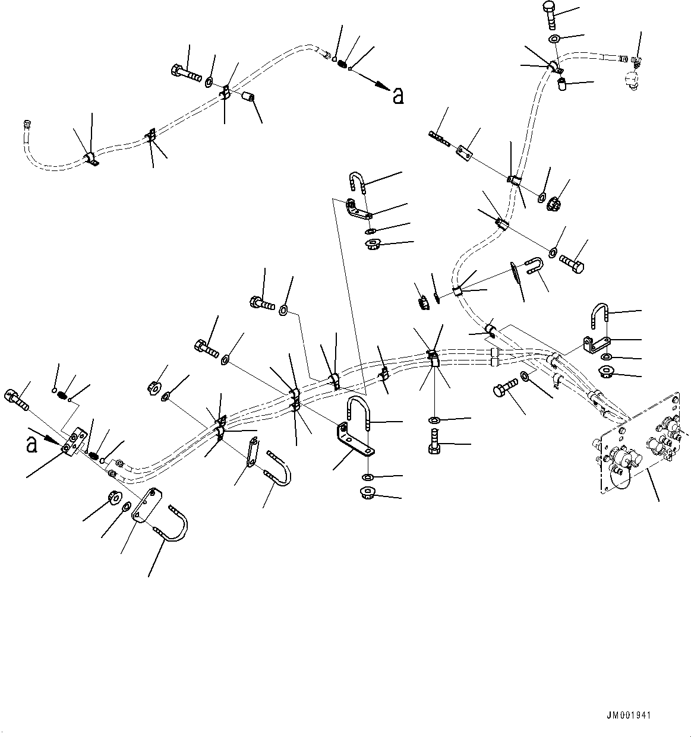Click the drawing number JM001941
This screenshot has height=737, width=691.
click(629, 715)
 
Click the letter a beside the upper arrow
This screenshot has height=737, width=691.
click(399, 96)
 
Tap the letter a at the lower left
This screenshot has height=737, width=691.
click(32, 445)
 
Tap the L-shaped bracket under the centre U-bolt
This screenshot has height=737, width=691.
click(355, 439)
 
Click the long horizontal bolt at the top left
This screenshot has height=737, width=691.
click(186, 74)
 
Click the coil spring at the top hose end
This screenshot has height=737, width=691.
click(342, 64)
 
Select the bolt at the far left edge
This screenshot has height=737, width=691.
click(16, 399)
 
